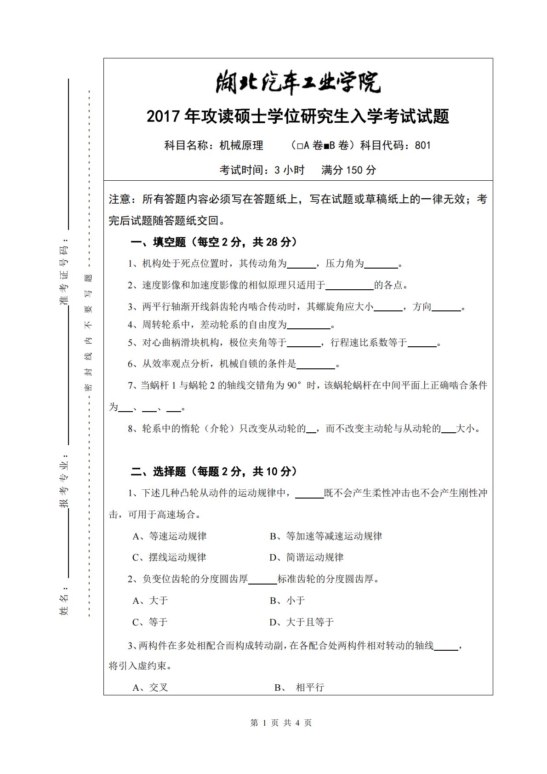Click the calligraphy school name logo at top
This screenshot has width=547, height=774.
[298, 83]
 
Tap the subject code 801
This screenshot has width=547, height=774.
[422, 146]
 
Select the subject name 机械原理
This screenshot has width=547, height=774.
[241, 146]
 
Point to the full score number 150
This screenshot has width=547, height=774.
[354, 170]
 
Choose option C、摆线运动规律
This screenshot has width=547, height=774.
[169, 557]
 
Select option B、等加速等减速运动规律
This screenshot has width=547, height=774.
[325, 536]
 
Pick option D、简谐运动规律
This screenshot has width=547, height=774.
[306, 557]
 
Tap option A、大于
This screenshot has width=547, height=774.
[150, 601]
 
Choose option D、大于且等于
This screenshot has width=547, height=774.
[301, 622]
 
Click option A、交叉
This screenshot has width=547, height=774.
[150, 688]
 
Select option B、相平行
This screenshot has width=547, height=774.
[299, 688]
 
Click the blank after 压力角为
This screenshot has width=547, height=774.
[381, 264]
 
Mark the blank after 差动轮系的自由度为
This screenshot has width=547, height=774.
[308, 325]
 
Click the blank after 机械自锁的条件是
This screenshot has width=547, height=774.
[316, 365]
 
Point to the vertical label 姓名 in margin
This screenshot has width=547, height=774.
[64, 604]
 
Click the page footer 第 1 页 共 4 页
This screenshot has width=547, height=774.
[281, 723]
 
